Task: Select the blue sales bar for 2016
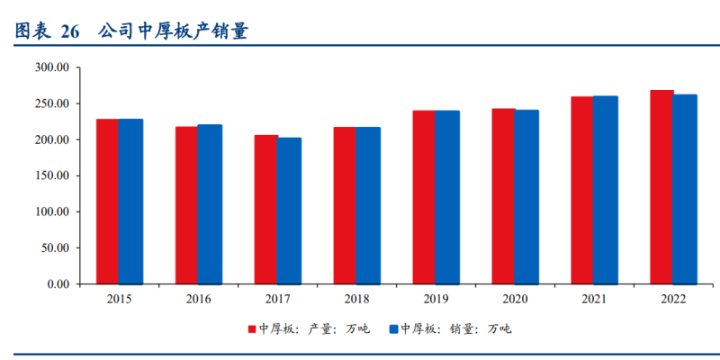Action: pos(210,204)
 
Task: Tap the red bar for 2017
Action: pos(265,210)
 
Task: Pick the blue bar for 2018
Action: pos(368,205)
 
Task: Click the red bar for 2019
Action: pos(424,197)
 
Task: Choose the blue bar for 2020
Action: pos(526,197)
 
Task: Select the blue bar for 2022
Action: pos(685,189)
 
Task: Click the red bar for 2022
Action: pos(661,187)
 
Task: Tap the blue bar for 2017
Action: pos(289,211)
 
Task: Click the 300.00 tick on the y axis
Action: pos(52,67)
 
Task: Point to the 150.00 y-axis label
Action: pos(52,175)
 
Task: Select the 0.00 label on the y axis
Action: pos(58,284)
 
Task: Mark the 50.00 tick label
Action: pos(55,248)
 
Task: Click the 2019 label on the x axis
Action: pos(436,299)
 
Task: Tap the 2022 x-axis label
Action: pos(673,299)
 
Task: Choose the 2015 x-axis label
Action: pos(120,299)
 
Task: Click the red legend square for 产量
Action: pos(253,329)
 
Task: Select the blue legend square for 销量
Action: pos(394,329)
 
